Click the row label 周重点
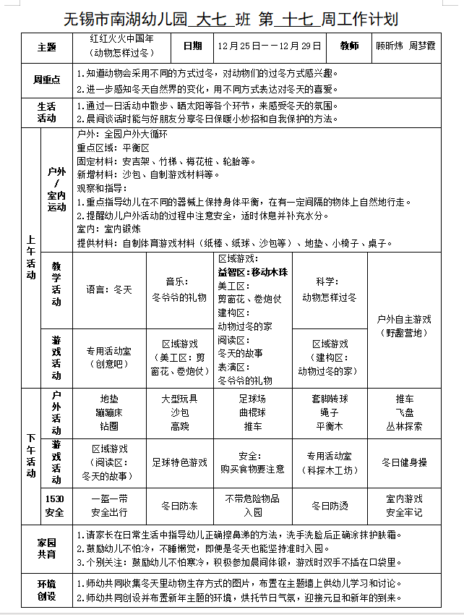[47, 80]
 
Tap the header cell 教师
[348, 46]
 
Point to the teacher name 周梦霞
[423, 46]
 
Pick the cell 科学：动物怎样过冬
[330, 289]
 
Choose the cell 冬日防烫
[330, 505]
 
